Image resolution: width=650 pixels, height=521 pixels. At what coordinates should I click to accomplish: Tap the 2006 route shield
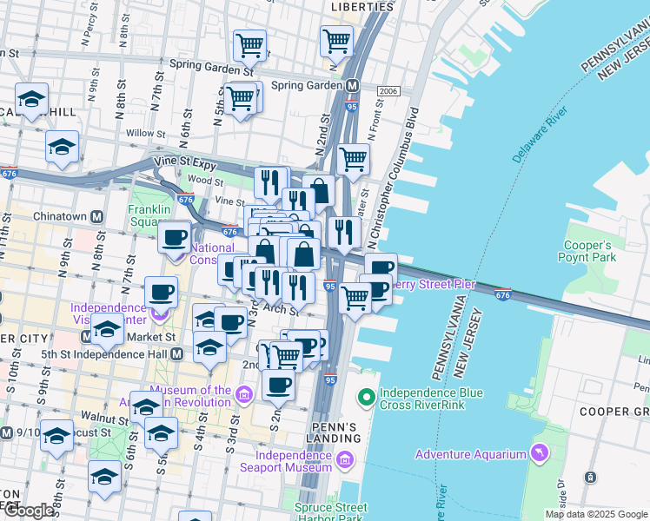click(x=388, y=91)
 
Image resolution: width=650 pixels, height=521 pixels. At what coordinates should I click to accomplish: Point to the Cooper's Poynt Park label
click(x=589, y=252)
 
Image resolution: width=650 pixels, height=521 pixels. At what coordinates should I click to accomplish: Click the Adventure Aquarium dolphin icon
click(x=541, y=454)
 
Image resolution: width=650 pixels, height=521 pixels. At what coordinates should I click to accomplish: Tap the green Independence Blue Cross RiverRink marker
click(x=367, y=399)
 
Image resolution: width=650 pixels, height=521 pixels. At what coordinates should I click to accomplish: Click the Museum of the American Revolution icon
click(x=244, y=396)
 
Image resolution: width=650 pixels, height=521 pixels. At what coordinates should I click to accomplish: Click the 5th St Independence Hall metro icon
click(x=177, y=353)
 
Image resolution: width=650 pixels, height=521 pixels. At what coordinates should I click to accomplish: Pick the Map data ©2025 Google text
click(x=596, y=514)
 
